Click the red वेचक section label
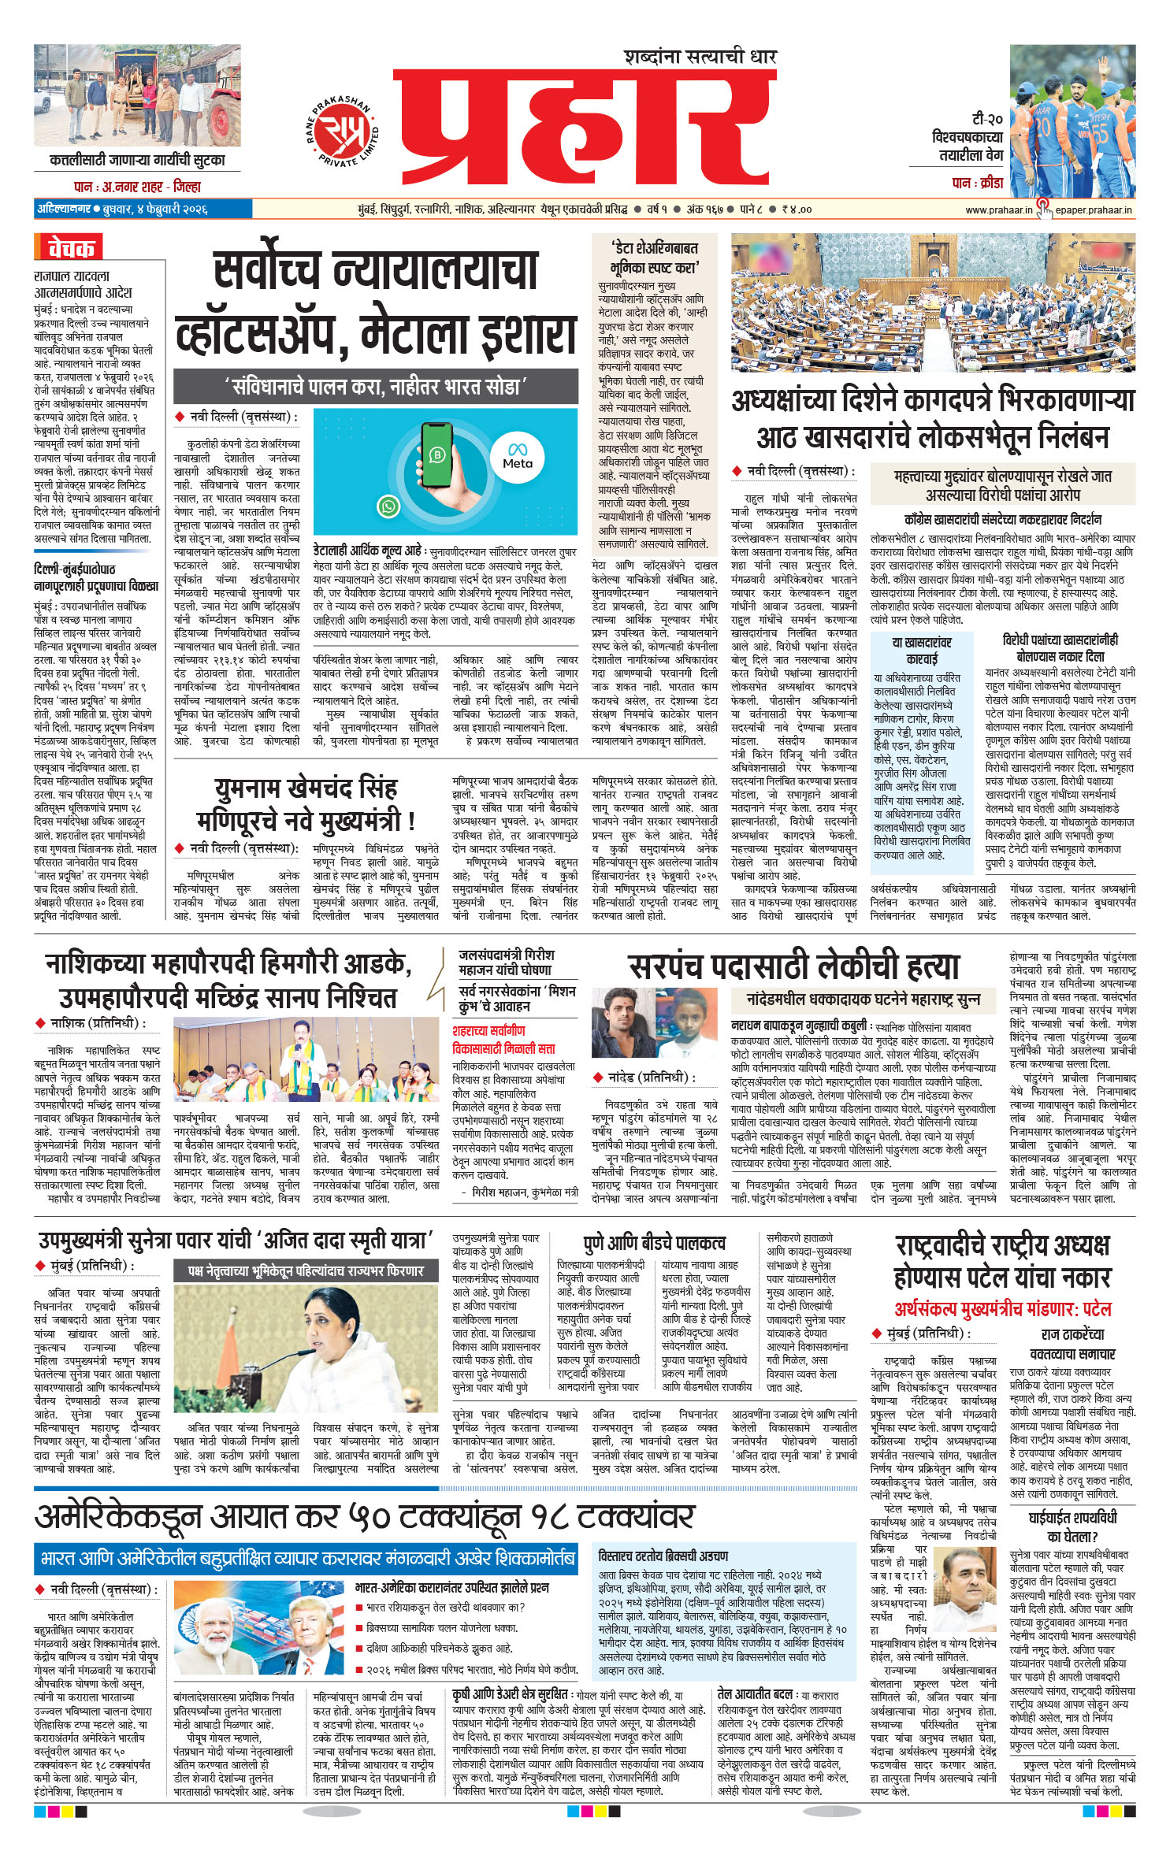[69, 248]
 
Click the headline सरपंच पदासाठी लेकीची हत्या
[793, 966]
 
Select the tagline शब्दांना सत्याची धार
[700, 57]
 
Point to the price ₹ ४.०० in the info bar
[797, 210]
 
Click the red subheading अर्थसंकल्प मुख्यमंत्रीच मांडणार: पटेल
[1002, 1308]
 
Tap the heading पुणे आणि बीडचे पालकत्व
[654, 1243]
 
